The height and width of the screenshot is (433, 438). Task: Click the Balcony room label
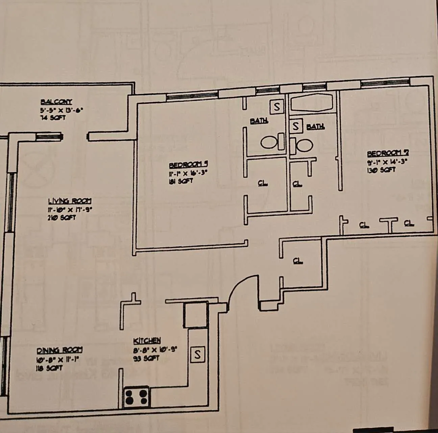[x=56, y=101]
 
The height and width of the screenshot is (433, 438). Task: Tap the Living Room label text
[x=69, y=201]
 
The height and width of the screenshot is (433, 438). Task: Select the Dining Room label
[x=59, y=350]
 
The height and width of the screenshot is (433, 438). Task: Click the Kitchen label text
[x=147, y=341]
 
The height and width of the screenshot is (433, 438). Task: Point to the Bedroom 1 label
[x=188, y=165]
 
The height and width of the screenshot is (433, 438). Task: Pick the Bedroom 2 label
[x=388, y=154]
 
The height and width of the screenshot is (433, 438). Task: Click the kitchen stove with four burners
[x=136, y=397]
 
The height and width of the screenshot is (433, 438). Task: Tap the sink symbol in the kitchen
[x=197, y=355]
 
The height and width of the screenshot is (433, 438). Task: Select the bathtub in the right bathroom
[x=312, y=102]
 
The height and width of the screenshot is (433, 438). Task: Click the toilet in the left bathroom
[x=272, y=142]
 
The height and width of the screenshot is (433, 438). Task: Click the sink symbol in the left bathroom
[x=277, y=107]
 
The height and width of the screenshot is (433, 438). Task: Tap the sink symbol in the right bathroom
[x=296, y=126]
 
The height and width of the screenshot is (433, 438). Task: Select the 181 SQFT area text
[x=180, y=181]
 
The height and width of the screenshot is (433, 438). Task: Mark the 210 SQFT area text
[x=62, y=218]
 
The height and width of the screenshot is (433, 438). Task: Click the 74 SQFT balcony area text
[x=53, y=118]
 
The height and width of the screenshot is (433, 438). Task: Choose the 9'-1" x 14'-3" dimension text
[x=387, y=162]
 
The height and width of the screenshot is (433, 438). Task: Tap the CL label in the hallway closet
[x=298, y=261]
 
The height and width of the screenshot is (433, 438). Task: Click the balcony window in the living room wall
[x=49, y=136]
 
